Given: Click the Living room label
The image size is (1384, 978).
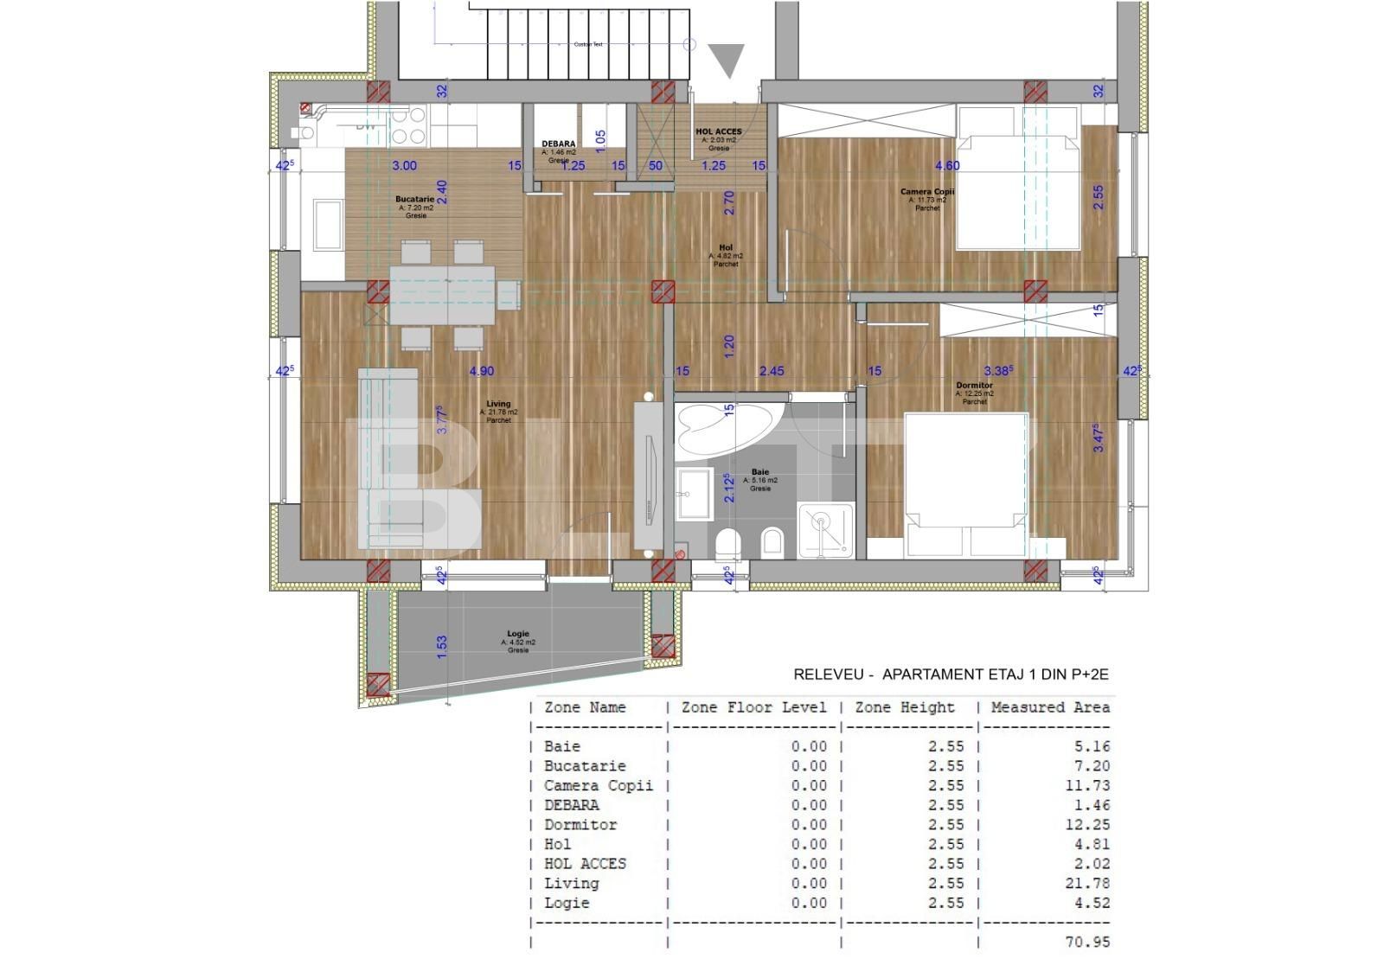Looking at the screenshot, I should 498,404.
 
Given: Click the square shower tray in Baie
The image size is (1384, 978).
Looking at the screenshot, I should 825,528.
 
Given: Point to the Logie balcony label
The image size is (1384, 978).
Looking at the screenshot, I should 517,634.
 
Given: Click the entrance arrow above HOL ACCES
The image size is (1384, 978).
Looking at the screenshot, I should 726,61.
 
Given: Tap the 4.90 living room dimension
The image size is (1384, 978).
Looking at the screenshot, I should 481,371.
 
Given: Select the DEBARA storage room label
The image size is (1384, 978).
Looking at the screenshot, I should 558,144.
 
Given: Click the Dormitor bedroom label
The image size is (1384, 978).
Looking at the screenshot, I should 974,386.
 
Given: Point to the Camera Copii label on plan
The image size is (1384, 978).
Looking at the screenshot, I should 927,192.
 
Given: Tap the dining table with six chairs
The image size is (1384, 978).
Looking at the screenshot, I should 443,294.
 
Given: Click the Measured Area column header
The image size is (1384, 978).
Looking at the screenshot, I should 1049,707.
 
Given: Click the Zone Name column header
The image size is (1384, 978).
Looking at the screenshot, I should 585,707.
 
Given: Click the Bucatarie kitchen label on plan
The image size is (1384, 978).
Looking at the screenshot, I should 415,199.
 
